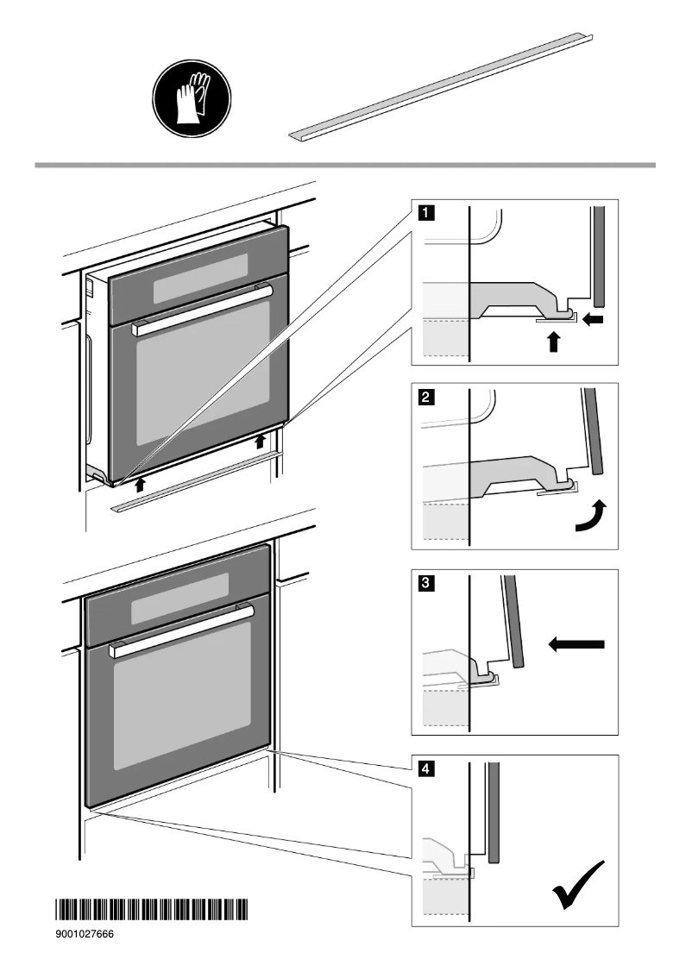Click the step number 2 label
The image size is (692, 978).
(426, 398)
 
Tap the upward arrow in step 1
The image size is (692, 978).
(554, 342)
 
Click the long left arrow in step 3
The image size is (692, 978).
(577, 643)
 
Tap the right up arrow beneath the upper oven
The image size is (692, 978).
(261, 443)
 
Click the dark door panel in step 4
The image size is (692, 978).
(494, 812)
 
